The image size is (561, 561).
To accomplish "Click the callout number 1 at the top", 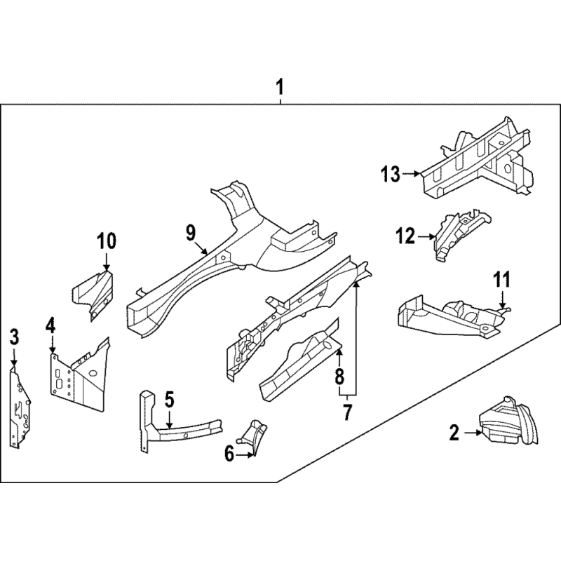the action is pyautogui.click(x=280, y=87).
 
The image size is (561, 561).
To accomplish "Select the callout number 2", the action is pyautogui.click(x=454, y=433).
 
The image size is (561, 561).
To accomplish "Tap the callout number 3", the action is pyautogui.click(x=13, y=337).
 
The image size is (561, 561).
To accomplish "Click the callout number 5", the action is pyautogui.click(x=169, y=399).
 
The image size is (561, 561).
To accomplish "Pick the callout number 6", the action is pyautogui.click(x=229, y=454).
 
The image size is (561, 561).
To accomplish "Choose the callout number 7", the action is pyautogui.click(x=347, y=412).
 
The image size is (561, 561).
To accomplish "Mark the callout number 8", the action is pyautogui.click(x=339, y=377).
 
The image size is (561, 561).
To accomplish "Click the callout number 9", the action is pyautogui.click(x=191, y=234).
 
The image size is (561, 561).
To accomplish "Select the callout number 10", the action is pyautogui.click(x=107, y=241).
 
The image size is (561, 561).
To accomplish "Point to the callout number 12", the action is pyautogui.click(x=405, y=236).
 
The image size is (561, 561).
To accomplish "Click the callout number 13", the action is pyautogui.click(x=391, y=174).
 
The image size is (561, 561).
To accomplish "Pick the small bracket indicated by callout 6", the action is pyautogui.click(x=253, y=436).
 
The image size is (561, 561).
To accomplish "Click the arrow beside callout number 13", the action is pyautogui.click(x=411, y=174).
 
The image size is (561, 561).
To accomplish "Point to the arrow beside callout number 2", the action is pyautogui.click(x=473, y=433).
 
